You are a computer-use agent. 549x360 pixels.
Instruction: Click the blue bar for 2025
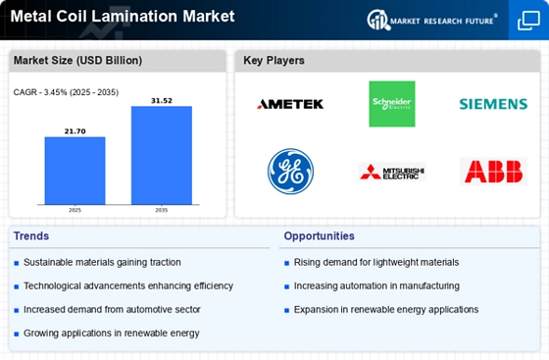[75, 171]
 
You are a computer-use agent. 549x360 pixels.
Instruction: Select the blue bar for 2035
[162, 155]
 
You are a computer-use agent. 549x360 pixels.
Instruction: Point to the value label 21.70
[75, 131]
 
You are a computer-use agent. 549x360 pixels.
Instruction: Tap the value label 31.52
[162, 101]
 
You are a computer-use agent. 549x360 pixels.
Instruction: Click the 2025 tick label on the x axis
[75, 210]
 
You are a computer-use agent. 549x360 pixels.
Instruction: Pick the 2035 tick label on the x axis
[162, 210]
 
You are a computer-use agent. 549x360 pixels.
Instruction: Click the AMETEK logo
[290, 104]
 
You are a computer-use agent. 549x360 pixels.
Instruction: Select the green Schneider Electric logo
[392, 104]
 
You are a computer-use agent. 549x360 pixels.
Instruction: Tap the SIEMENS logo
[493, 104]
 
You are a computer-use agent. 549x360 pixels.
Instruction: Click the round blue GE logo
[290, 172]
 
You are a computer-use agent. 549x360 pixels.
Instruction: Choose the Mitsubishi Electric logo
[392, 172]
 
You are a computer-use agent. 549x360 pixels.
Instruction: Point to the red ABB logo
[493, 172]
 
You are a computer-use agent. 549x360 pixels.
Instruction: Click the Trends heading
[31, 236]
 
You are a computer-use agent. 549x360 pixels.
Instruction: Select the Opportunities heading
[319, 236]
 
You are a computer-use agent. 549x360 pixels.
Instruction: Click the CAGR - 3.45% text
[40, 92]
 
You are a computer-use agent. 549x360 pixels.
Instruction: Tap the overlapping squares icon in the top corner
[528, 21]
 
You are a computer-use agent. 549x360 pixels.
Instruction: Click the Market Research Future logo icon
[378, 20]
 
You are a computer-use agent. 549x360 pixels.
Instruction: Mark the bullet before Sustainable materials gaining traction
[16, 263]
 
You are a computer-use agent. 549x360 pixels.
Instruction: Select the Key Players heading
[274, 61]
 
